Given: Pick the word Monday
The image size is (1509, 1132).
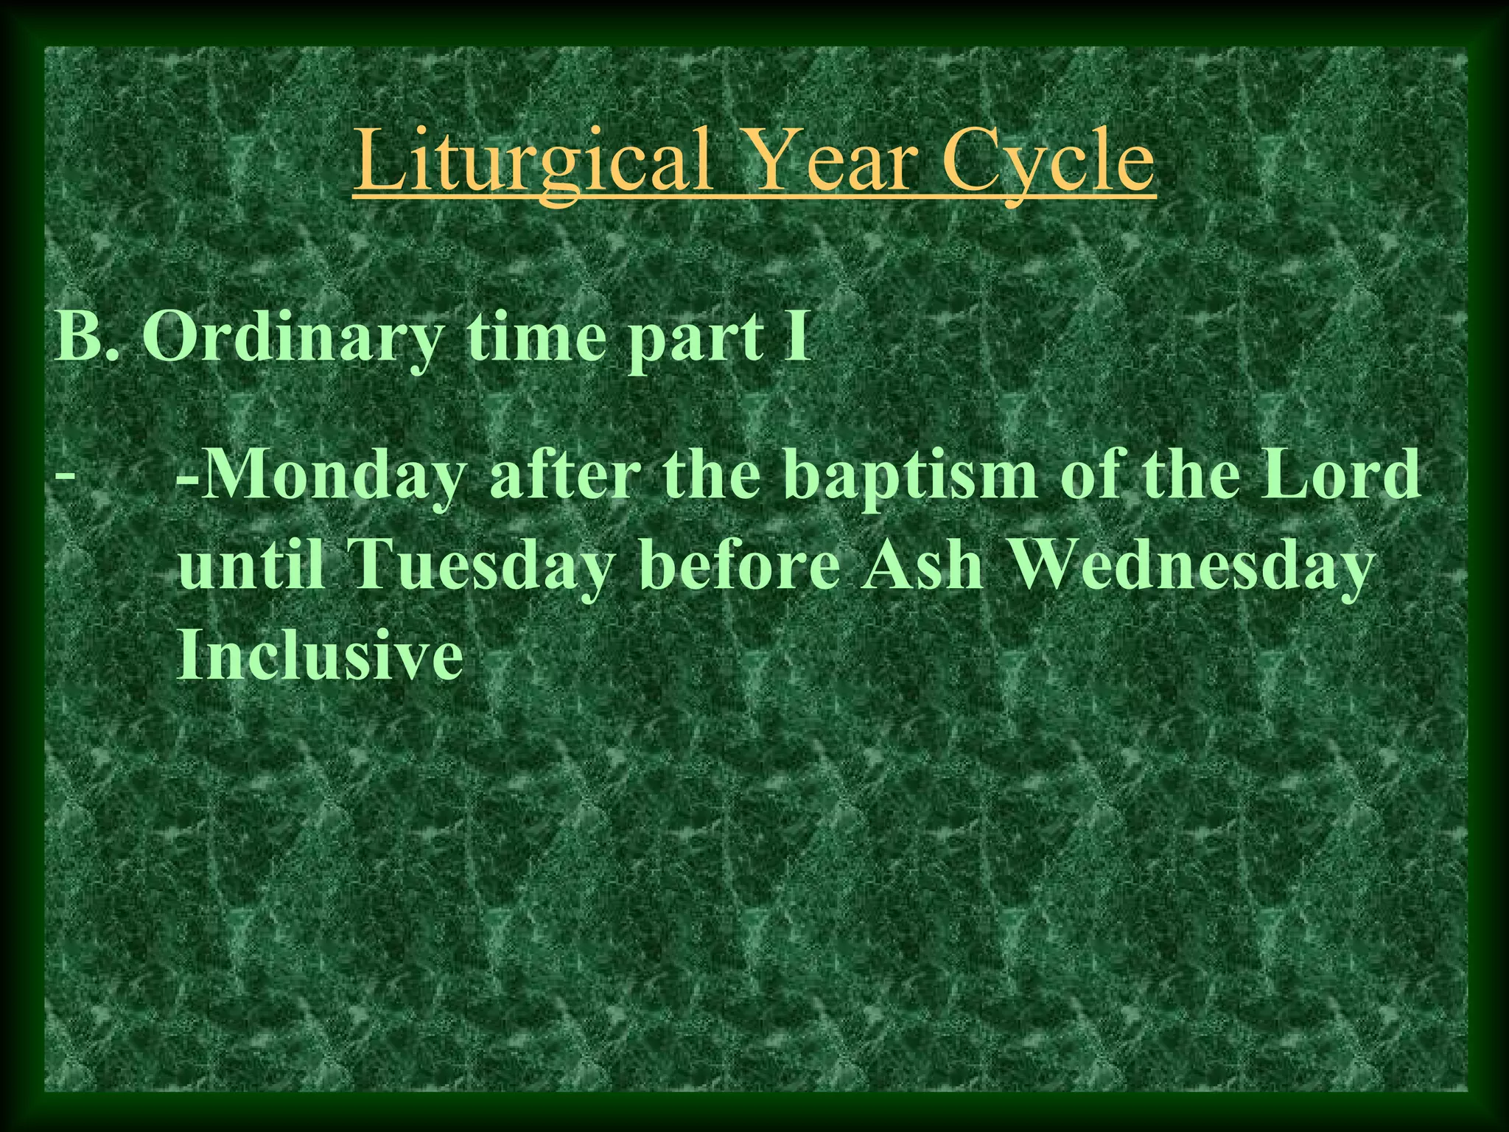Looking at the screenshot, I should pos(329,478).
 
